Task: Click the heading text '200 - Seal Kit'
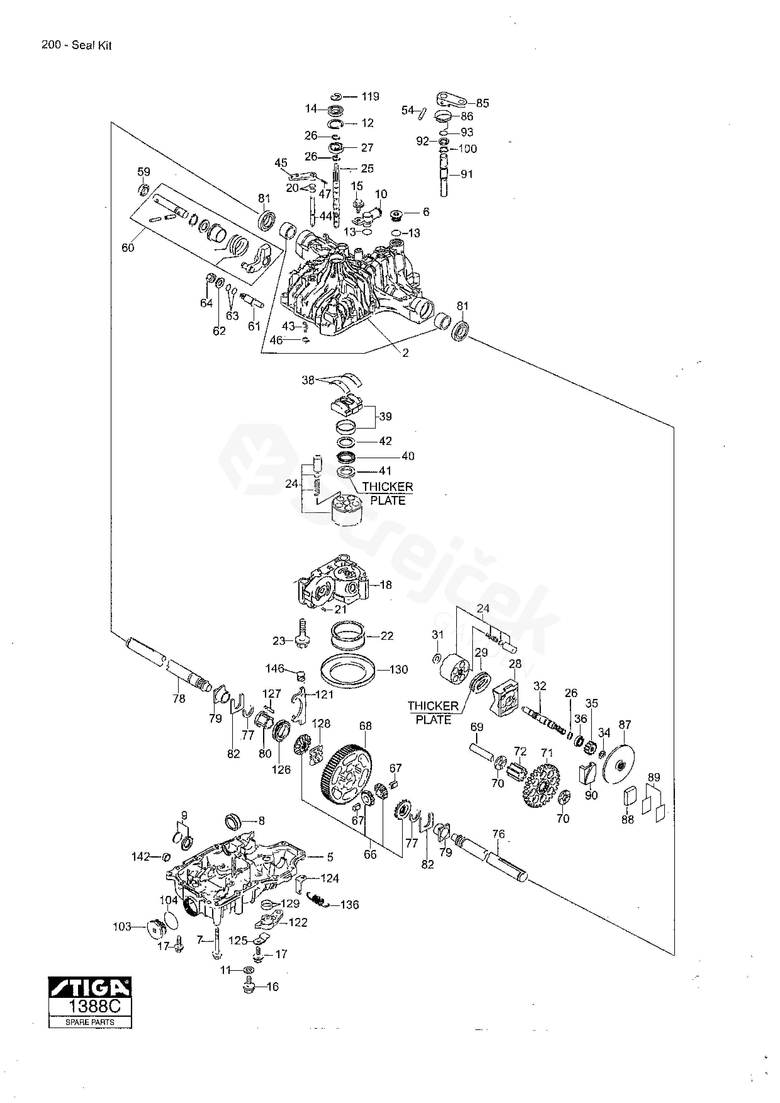(x=77, y=45)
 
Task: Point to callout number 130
(x=399, y=670)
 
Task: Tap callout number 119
(x=370, y=97)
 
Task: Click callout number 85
(x=482, y=103)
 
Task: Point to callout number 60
(x=128, y=248)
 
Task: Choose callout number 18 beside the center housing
(x=386, y=585)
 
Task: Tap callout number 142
(x=141, y=857)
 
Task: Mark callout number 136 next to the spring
(x=349, y=905)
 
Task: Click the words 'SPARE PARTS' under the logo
(x=90, y=1022)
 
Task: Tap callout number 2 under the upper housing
(x=406, y=353)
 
